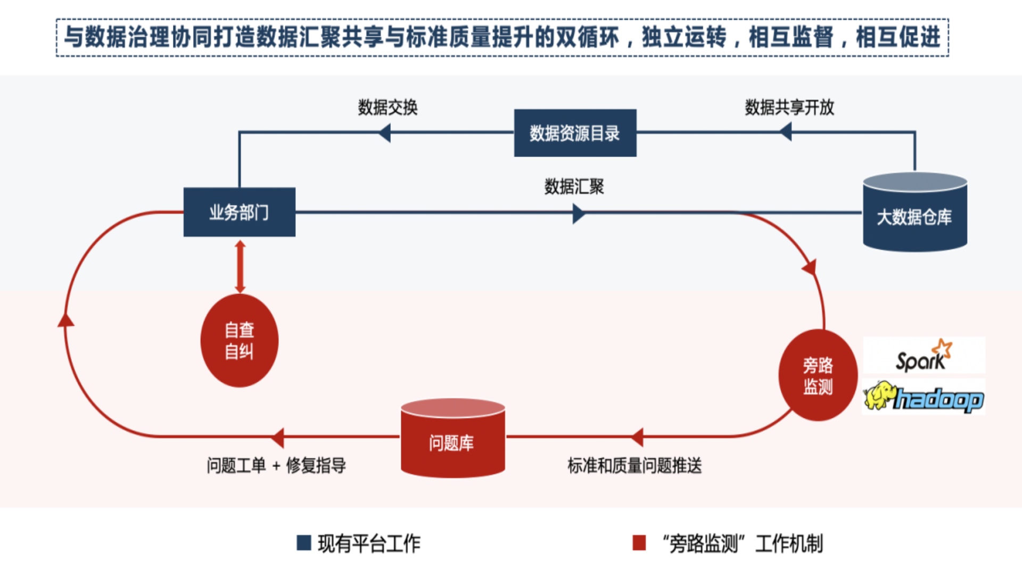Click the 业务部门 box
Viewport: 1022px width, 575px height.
pos(239,212)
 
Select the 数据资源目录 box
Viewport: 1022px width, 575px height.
pos(575,133)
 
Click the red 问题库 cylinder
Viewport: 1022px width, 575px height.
pos(452,439)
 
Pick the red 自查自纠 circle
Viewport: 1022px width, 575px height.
pos(239,340)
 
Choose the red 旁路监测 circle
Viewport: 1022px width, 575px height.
pos(818,375)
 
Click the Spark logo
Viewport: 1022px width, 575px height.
pos(924,356)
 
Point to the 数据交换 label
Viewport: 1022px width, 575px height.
pos(388,108)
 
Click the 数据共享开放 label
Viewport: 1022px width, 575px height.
pos(789,108)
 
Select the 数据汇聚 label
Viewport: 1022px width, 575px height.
pos(574,187)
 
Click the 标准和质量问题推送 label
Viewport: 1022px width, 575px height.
pos(634,466)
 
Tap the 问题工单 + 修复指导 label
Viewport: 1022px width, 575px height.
pos(276,466)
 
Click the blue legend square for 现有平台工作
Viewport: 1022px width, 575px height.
pos(303,543)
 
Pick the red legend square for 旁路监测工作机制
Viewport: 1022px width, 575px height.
pos(639,543)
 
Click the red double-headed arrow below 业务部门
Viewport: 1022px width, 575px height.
pos(240,266)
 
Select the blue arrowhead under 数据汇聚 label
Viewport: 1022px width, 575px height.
pos(579,214)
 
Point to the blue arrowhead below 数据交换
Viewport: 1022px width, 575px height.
pos(385,133)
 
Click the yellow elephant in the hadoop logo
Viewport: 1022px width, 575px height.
pos(878,396)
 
